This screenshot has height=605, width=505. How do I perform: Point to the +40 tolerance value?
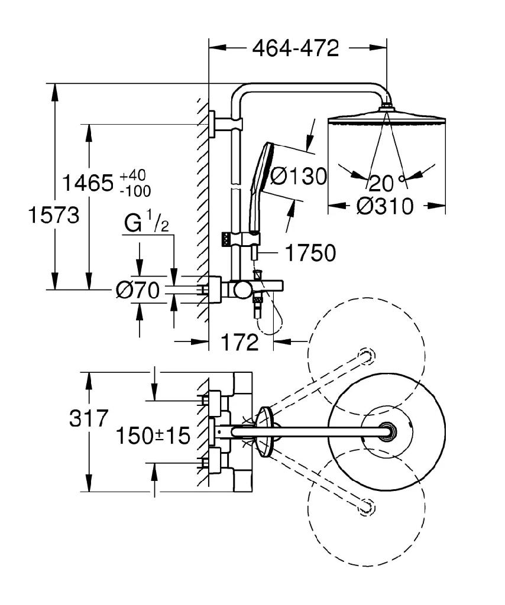(134, 176)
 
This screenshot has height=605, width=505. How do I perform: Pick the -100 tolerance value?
(135, 190)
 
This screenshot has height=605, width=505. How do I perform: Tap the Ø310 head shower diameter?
(385, 206)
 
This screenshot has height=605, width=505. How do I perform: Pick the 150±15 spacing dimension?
(153, 436)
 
